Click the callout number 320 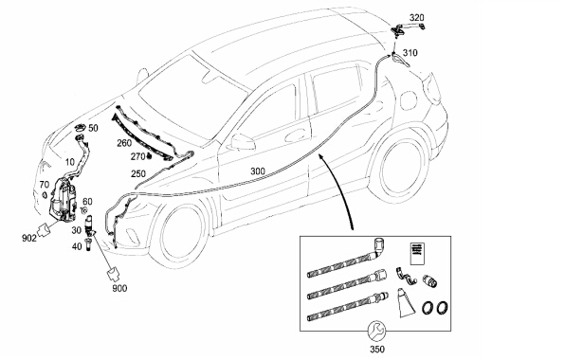[x=416, y=17]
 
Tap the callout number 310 [x=410, y=53]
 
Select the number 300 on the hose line [x=258, y=171]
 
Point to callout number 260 [x=124, y=143]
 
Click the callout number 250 [x=138, y=174]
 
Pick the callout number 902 [x=29, y=238]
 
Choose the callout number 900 [x=119, y=288]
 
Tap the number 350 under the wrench [x=377, y=350]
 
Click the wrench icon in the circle [x=376, y=330]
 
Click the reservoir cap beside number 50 [x=80, y=128]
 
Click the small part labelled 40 [x=87, y=244]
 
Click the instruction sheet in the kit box [x=418, y=254]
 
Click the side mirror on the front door [x=242, y=142]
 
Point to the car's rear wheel [x=399, y=168]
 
